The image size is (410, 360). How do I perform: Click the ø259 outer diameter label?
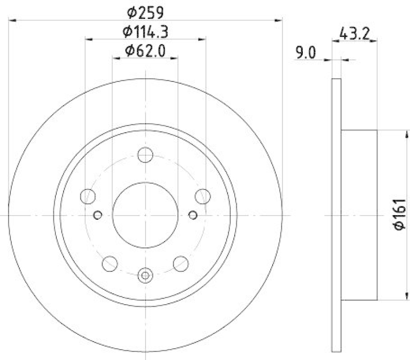point(146,11)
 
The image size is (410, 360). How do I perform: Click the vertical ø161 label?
point(400,215)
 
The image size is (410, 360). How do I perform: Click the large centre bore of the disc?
point(146,215)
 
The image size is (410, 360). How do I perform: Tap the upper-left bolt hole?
point(88,196)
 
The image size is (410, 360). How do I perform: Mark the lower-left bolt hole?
point(110,264)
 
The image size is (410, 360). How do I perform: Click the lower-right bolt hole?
point(181,264)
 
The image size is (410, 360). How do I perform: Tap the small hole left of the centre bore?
point(99,215)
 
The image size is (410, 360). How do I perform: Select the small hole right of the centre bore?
point(193,215)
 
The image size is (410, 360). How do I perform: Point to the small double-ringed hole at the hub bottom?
point(146,276)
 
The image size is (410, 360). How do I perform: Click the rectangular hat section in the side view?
point(359,215)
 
